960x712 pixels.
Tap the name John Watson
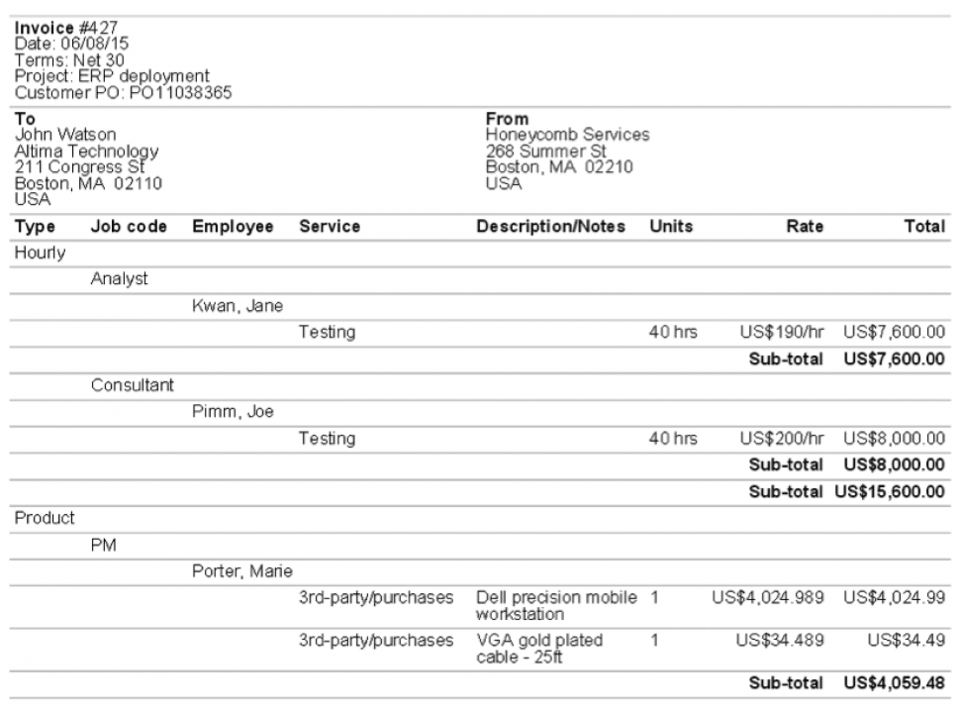66,133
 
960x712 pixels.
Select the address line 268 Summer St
547,151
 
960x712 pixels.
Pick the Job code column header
129,227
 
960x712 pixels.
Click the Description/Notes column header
551,227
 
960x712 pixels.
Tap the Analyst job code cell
119,280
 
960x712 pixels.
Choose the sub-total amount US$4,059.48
894,684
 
